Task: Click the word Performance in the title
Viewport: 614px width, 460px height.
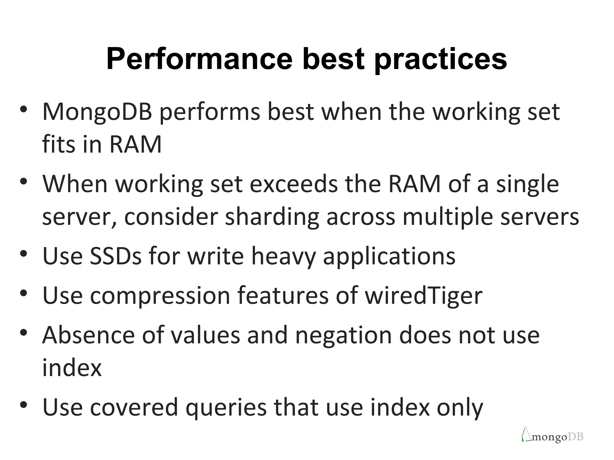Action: [199, 59]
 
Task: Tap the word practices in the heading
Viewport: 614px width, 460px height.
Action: [441, 59]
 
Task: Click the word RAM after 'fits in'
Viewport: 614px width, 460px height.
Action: [136, 145]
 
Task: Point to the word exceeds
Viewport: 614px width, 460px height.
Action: [294, 184]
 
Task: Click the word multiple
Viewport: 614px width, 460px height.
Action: [448, 217]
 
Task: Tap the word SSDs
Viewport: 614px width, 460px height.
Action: [115, 256]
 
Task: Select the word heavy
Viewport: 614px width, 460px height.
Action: [284, 256]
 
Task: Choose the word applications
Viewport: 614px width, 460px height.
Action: [389, 256]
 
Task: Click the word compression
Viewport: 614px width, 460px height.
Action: [160, 296]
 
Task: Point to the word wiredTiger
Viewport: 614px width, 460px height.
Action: [424, 296]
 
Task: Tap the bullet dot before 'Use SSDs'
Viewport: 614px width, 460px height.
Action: [24, 254]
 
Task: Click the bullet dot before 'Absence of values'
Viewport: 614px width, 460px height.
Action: [24, 332]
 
